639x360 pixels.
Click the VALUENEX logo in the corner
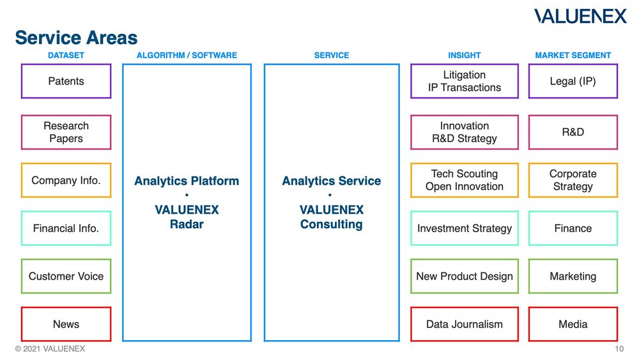pyautogui.click(x=580, y=17)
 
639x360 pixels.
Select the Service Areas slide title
pyautogui.click(x=76, y=38)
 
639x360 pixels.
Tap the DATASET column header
pyautogui.click(x=66, y=56)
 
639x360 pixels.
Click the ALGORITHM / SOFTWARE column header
pyautogui.click(x=187, y=56)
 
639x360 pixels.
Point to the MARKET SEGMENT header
pyautogui.click(x=573, y=56)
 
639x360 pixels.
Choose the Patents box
pyautogui.click(x=66, y=81)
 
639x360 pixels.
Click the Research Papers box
pyautogui.click(x=66, y=132)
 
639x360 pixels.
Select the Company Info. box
pyautogui.click(x=66, y=180)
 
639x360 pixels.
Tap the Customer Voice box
pyautogui.click(x=66, y=276)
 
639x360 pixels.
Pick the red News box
pyautogui.click(x=66, y=324)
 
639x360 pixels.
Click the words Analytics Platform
pyautogui.click(x=187, y=181)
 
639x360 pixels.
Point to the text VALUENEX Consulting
pyautogui.click(x=332, y=217)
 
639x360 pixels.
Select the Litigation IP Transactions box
pyautogui.click(x=465, y=81)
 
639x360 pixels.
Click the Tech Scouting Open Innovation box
pyautogui.click(x=465, y=180)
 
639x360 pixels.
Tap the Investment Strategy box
pyautogui.click(x=465, y=228)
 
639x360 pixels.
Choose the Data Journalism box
pyautogui.click(x=465, y=324)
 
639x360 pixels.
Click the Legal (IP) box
pyautogui.click(x=573, y=81)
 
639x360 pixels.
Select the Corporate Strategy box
pyautogui.click(x=573, y=180)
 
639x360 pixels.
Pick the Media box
pyautogui.click(x=573, y=324)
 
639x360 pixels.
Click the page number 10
pyautogui.click(x=619, y=349)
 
